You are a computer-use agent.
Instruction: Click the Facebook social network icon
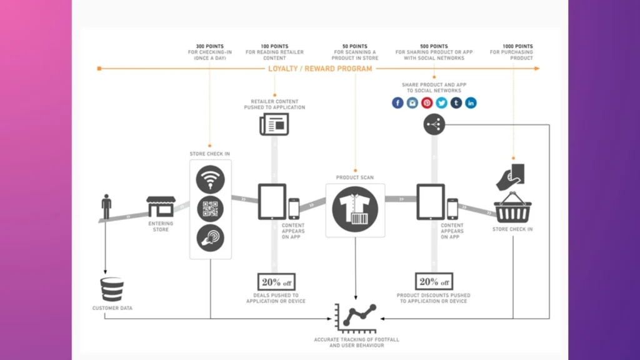coord(397,103)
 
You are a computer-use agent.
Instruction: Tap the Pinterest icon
coord(427,103)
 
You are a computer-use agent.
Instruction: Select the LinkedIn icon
coord(471,103)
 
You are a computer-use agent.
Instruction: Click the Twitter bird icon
coord(442,103)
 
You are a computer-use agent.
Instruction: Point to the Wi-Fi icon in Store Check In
coord(210,180)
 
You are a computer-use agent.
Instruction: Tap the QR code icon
coord(210,209)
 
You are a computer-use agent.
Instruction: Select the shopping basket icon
coord(512,208)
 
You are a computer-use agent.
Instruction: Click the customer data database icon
coord(112,289)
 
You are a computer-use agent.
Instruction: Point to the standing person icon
coord(106,207)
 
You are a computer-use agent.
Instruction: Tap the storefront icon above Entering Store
coord(161,207)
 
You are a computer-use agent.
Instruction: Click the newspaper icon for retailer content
coord(274,124)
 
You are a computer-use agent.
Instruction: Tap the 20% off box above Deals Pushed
coord(276,282)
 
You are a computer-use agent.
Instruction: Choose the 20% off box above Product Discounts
coord(434,282)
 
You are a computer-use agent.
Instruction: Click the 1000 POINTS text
coord(518,46)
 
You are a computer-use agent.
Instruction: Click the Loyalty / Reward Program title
coord(320,69)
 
